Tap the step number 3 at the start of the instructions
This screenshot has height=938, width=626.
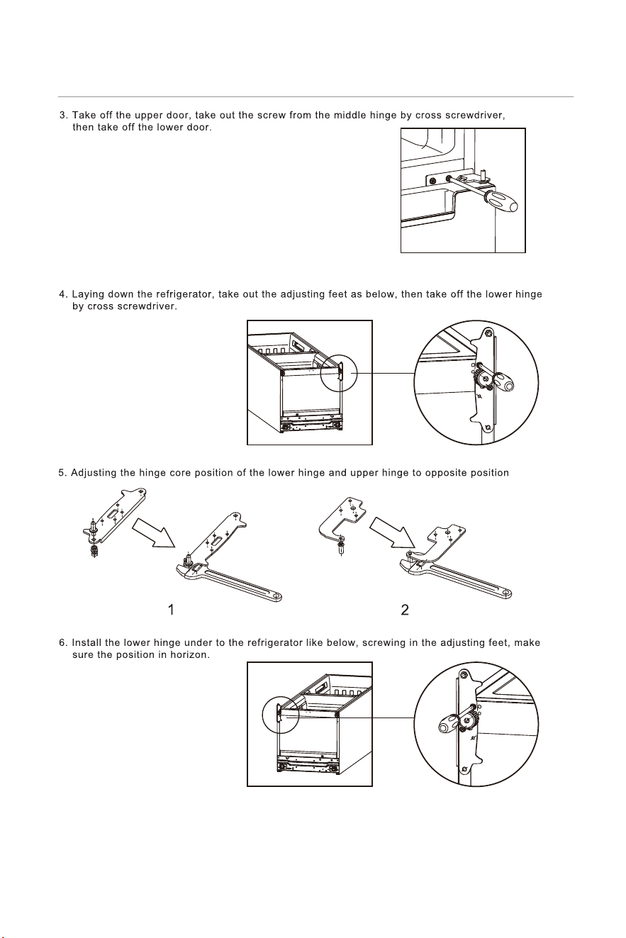[63, 115]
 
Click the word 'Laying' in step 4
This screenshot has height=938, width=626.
[89, 295]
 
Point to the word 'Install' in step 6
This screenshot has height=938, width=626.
[84, 643]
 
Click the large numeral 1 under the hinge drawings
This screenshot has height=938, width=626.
[171, 610]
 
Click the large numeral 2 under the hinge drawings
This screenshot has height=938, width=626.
[405, 610]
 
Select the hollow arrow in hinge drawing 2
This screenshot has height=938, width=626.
[392, 532]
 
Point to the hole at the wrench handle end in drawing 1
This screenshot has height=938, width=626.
[276, 596]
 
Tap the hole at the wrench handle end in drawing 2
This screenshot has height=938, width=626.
[505, 593]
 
